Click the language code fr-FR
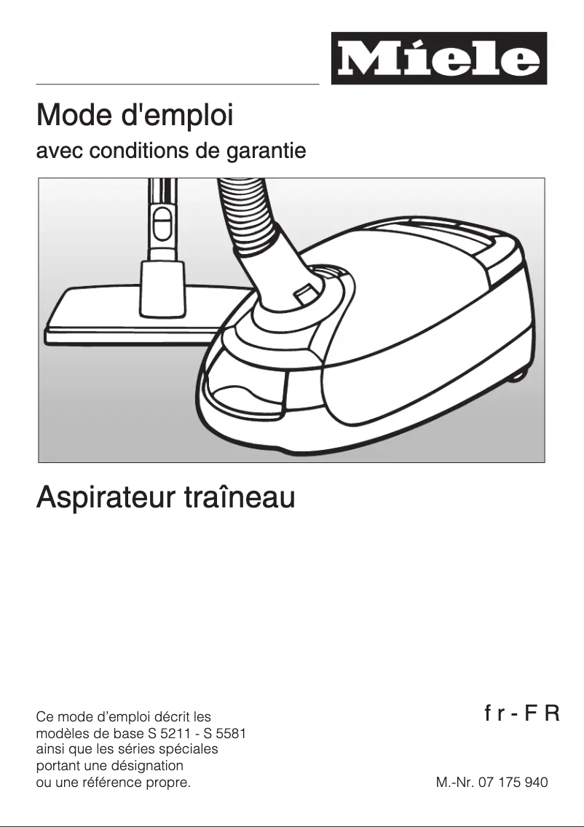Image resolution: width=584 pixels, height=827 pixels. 521,712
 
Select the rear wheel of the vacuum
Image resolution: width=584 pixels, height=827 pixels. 518,373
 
